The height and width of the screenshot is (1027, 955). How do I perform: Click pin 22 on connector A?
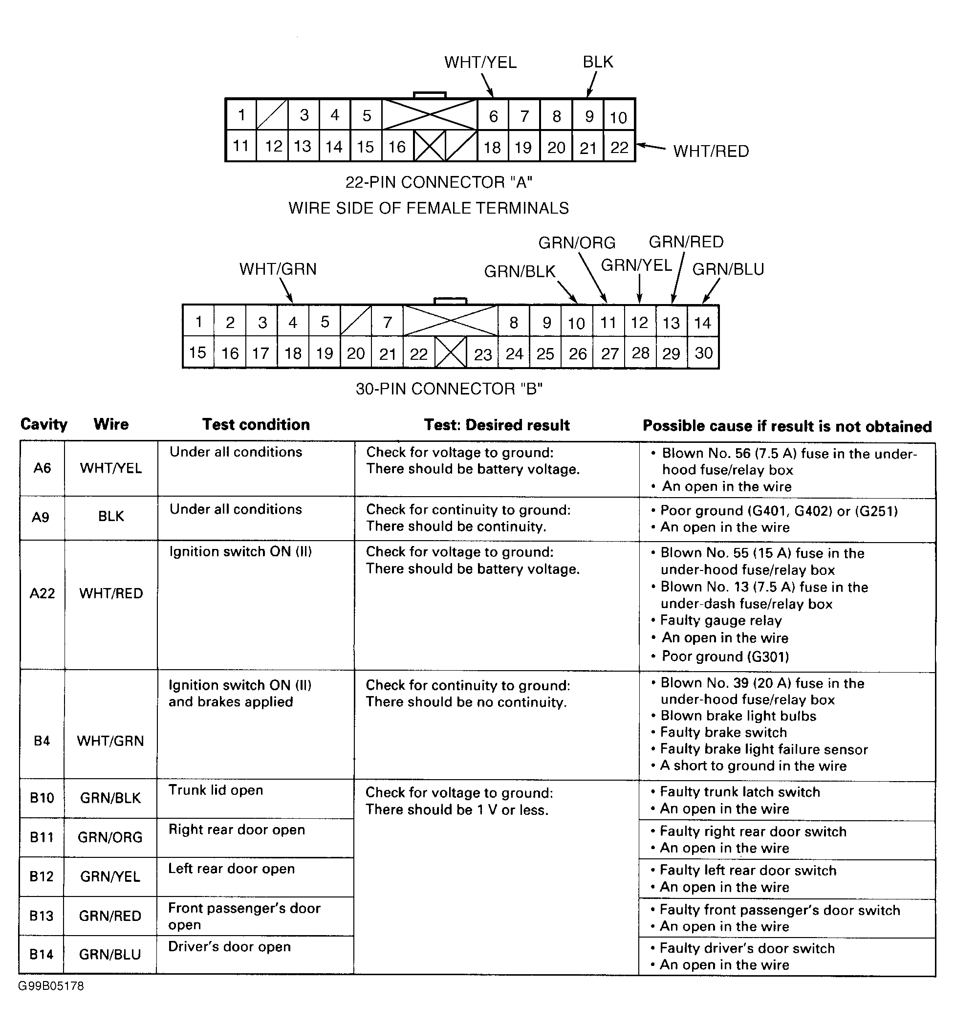[x=619, y=147]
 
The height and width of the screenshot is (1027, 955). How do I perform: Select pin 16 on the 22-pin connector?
[x=397, y=147]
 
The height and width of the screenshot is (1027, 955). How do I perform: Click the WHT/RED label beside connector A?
[x=711, y=152]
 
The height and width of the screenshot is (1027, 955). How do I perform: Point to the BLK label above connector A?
[x=598, y=62]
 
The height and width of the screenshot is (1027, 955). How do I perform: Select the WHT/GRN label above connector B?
[x=278, y=269]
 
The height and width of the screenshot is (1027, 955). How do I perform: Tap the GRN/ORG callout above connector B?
[x=577, y=243]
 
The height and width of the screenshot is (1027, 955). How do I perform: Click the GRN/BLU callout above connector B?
[x=728, y=269]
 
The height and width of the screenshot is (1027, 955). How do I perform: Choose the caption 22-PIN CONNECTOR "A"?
[x=438, y=182]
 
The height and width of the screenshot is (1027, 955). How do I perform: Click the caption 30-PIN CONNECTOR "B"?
[x=449, y=389]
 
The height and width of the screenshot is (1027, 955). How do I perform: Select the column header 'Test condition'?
[x=256, y=425]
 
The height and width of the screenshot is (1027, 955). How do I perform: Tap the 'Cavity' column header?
[x=44, y=425]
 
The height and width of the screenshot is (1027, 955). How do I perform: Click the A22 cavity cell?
[x=43, y=593]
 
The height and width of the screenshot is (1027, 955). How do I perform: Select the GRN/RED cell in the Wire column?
[x=110, y=916]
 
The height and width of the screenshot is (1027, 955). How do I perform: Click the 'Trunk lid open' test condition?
[x=216, y=790]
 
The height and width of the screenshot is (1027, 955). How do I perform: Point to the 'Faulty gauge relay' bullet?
[x=720, y=620]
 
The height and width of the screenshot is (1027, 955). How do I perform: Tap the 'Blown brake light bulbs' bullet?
[x=738, y=716]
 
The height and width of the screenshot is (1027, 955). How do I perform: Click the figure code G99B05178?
[x=51, y=985]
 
